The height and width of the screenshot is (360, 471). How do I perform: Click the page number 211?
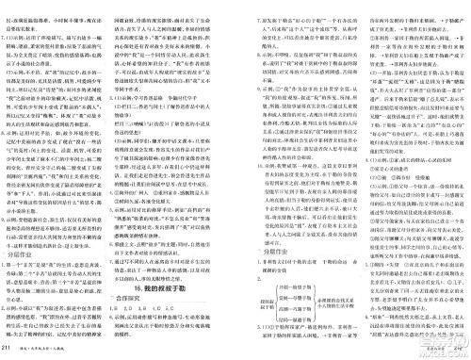(9, 352)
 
